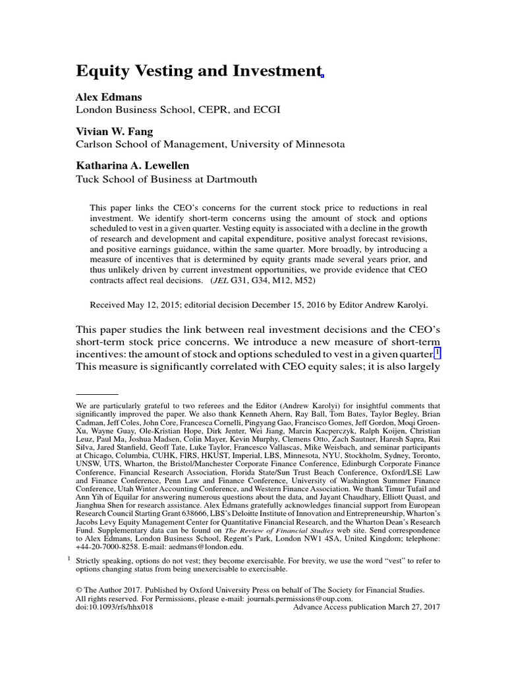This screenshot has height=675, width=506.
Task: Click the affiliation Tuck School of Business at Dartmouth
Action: (x=167, y=179)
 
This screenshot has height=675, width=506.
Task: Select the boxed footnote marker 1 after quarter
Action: (x=437, y=353)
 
